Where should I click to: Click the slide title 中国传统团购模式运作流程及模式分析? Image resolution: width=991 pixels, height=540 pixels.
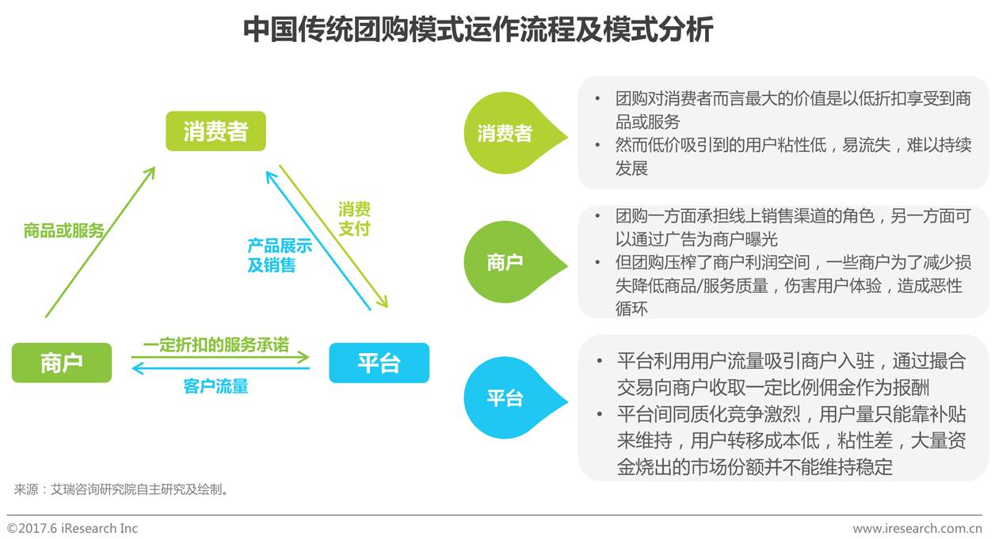click(x=478, y=29)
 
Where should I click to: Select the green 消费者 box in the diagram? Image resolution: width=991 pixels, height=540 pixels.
click(x=215, y=131)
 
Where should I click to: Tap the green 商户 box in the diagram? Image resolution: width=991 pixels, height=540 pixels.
click(x=62, y=363)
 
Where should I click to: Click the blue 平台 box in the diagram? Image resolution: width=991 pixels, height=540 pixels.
click(x=379, y=363)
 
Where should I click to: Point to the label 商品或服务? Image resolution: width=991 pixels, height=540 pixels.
click(x=64, y=230)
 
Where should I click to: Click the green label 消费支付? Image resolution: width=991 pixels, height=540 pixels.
click(x=354, y=219)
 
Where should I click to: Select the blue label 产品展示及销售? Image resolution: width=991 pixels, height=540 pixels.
click(x=279, y=255)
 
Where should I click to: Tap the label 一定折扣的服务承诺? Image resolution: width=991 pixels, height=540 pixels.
click(x=215, y=345)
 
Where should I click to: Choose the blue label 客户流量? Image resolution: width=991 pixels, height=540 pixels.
click(x=215, y=386)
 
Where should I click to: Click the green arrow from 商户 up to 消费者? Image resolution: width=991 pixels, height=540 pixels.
click(x=100, y=241)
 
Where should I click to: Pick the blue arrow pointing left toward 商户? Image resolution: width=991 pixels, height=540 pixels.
click(x=219, y=368)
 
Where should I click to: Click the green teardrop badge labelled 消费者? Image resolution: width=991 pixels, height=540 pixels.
click(x=507, y=133)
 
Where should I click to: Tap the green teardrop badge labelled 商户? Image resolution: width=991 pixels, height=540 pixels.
click(x=507, y=262)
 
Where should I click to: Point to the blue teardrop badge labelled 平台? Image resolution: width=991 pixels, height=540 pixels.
click(x=507, y=397)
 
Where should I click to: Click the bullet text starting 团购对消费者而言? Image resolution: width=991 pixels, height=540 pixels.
click(x=792, y=110)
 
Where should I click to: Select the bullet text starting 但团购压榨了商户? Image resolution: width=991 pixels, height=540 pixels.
click(x=792, y=285)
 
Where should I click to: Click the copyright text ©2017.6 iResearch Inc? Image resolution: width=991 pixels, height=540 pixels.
click(x=72, y=528)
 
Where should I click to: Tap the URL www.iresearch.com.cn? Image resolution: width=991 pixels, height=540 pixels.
click(x=917, y=528)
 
